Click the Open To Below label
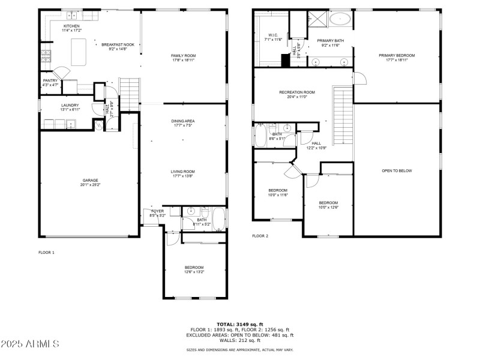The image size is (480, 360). [x=397, y=170]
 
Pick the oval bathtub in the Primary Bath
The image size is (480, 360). [x=340, y=19]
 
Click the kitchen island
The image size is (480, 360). [x=79, y=52]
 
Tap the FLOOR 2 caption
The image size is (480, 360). [x=260, y=236]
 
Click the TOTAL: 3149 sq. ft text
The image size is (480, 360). [x=240, y=324]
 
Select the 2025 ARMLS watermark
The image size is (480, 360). [x=30, y=344]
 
